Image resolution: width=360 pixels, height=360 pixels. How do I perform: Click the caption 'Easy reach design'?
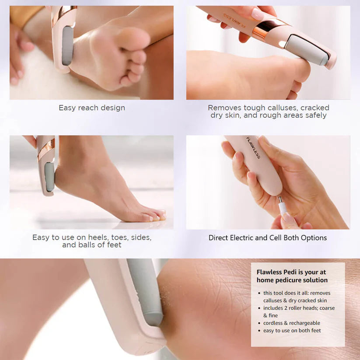(x=92, y=108)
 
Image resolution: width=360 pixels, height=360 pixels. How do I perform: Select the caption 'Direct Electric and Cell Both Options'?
(x=267, y=238)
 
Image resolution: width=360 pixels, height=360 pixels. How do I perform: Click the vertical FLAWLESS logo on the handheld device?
(x=253, y=148)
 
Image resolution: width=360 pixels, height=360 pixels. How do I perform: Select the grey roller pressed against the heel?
(x=49, y=177)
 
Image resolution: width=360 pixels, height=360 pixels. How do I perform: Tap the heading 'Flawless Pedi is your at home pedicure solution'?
(x=292, y=276)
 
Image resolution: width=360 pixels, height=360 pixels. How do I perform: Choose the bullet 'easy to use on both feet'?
(x=292, y=330)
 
